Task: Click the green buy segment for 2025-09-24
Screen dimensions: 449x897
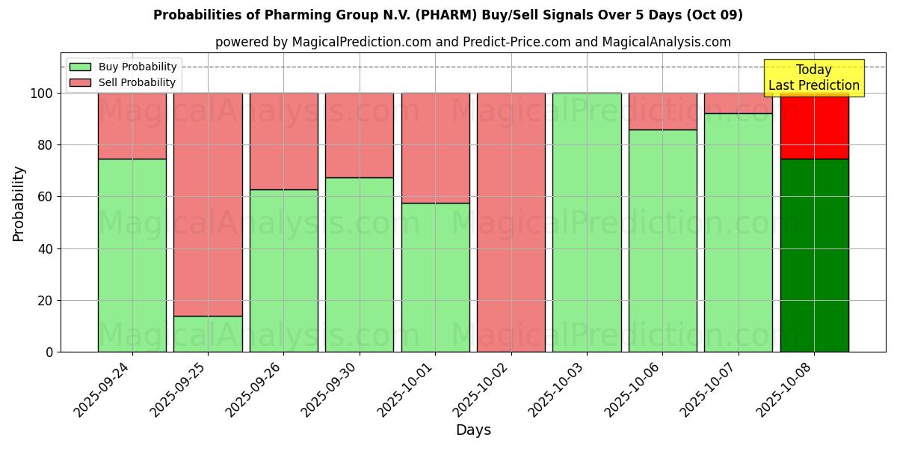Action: [132, 255]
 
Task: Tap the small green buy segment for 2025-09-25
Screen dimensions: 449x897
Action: [208, 334]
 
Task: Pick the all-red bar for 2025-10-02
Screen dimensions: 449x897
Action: [511, 222]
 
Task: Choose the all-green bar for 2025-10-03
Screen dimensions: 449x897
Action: [587, 222]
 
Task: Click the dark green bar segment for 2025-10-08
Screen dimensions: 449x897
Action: [814, 255]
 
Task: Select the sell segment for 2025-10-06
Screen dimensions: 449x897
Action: [662, 112]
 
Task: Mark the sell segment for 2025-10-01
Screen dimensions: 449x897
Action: [435, 148]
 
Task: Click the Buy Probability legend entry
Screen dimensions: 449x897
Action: [123, 67]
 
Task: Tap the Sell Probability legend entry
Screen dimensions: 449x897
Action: [123, 82]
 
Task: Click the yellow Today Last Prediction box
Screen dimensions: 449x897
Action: [813, 78]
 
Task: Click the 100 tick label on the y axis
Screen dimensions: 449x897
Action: [41, 94]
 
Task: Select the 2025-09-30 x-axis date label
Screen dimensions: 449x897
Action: [331, 388]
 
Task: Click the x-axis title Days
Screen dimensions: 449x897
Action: [473, 430]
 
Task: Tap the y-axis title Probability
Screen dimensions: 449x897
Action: [19, 204]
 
